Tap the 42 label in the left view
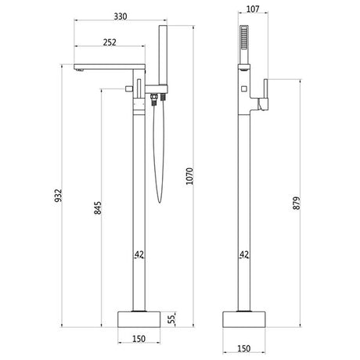(x=139, y=254)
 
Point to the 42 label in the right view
(x=246, y=254)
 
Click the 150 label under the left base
(x=138, y=340)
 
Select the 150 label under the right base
(x=244, y=340)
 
